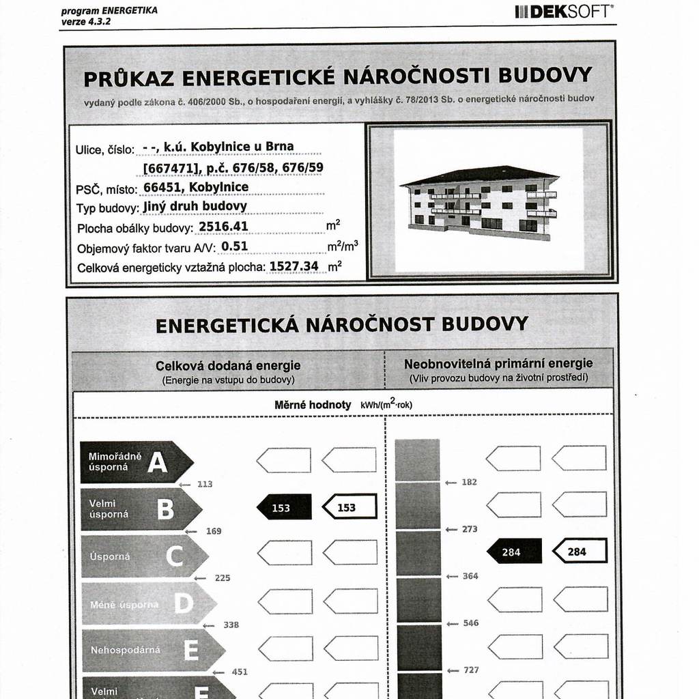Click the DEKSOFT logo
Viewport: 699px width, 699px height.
tap(564, 11)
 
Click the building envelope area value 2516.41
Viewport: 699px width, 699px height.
tap(223, 227)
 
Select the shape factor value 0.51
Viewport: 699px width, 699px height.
tap(235, 246)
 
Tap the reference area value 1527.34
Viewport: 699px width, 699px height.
tap(294, 266)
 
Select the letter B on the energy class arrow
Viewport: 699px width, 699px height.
tap(165, 509)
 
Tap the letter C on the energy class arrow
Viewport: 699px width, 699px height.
tap(174, 556)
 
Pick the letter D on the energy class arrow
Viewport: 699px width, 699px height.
tap(183, 603)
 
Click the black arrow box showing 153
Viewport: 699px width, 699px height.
tap(283, 507)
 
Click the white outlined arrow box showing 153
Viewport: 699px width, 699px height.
tap(349, 507)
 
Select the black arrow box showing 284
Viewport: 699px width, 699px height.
tap(513, 552)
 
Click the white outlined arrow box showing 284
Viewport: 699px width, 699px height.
tap(579, 552)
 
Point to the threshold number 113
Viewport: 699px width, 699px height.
tap(205, 484)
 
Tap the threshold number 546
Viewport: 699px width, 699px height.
tap(470, 623)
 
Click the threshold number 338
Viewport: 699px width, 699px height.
tap(231, 625)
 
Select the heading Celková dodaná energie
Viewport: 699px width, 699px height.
tap(228, 366)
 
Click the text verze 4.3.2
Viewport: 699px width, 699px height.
tap(85, 21)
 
